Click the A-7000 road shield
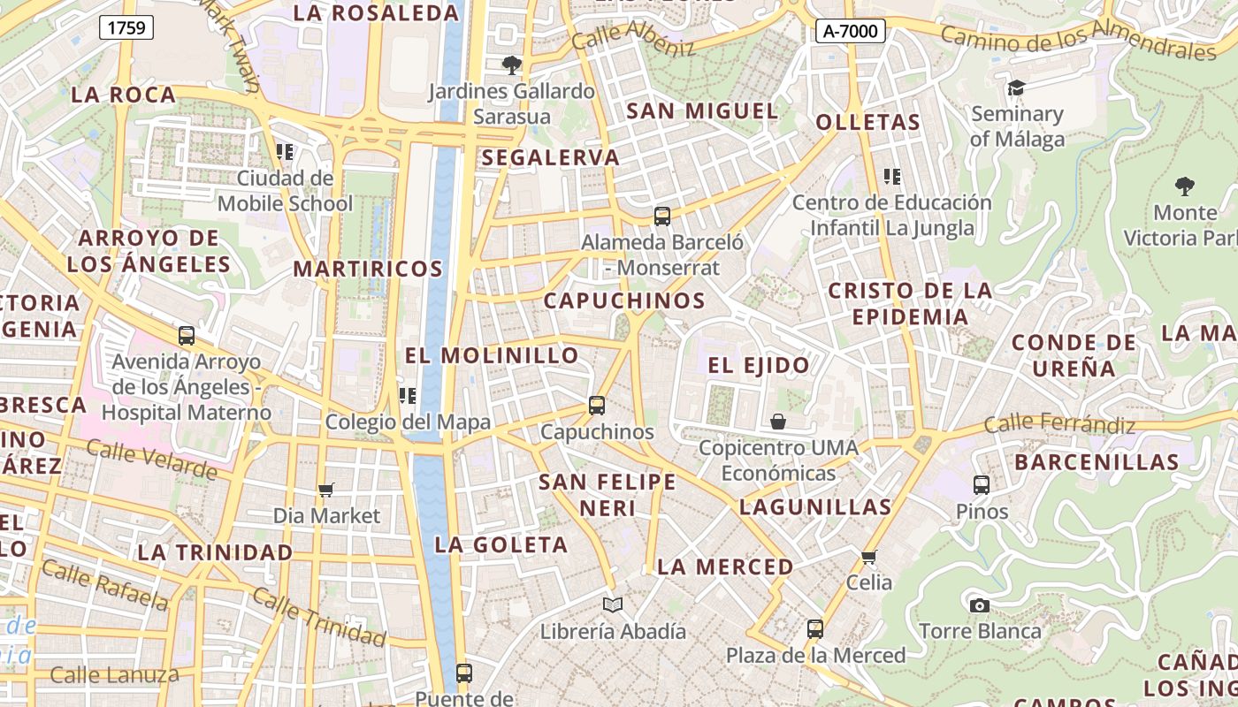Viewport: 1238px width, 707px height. click(x=850, y=32)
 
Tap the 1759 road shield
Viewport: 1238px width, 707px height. click(x=126, y=27)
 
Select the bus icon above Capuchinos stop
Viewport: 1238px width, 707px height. click(x=597, y=406)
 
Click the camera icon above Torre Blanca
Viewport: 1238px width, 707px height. click(x=979, y=605)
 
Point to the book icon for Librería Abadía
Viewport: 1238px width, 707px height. click(x=613, y=605)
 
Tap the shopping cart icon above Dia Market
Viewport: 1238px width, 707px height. click(x=326, y=490)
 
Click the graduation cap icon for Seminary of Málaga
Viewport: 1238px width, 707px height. click(x=1016, y=87)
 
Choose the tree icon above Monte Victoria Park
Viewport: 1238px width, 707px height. click(x=1184, y=186)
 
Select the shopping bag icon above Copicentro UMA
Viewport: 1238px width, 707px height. click(x=778, y=422)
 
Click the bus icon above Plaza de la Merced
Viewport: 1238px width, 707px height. click(x=815, y=629)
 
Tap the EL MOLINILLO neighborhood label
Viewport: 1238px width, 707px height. click(x=492, y=355)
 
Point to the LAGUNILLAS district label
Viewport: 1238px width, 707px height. click(x=815, y=507)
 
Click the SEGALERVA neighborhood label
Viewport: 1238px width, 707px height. click(x=551, y=157)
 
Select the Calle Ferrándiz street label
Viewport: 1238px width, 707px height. click(x=1059, y=424)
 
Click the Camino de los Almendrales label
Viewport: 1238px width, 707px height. click(x=1078, y=42)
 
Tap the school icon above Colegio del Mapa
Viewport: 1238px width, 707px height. click(x=408, y=396)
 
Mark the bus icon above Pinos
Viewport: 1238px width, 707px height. click(x=982, y=484)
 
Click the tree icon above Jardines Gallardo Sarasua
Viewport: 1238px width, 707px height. click(x=511, y=65)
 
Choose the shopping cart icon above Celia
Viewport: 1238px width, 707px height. click(x=869, y=557)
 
